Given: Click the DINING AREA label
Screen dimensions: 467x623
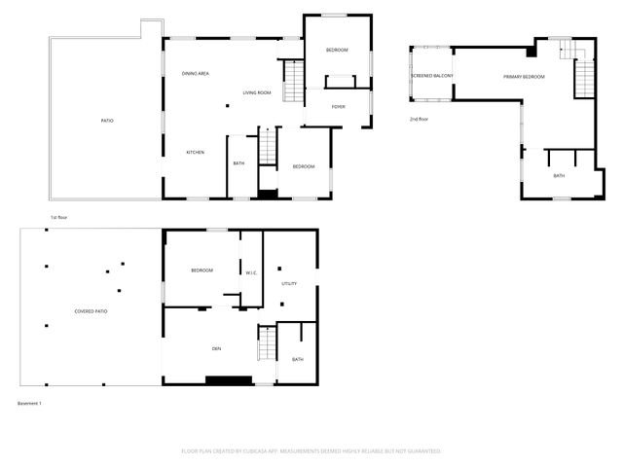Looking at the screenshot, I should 196,74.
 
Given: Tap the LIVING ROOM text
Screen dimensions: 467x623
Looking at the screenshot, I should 257,93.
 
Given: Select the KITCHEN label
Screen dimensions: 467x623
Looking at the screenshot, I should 195,152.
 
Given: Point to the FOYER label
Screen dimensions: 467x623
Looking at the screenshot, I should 338,107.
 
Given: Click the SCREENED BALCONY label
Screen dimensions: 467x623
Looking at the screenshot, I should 430,76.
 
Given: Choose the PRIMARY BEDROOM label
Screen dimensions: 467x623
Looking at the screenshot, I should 524,77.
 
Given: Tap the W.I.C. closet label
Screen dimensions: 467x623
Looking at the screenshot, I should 250,272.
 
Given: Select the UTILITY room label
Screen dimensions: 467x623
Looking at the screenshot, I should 289,284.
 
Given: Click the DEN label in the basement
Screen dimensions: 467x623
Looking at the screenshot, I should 216,348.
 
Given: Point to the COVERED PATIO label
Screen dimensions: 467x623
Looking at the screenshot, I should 92,311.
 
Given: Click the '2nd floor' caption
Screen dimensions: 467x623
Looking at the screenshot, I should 421,120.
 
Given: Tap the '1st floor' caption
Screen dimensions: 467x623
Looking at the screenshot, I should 58,217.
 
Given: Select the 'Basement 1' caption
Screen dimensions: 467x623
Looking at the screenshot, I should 30,403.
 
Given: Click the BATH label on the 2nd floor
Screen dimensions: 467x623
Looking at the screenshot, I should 559,176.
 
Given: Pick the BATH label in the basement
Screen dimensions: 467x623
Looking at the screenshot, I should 297,360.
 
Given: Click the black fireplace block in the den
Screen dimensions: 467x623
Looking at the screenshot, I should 228,380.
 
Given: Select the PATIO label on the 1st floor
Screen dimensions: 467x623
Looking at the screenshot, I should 107,121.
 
